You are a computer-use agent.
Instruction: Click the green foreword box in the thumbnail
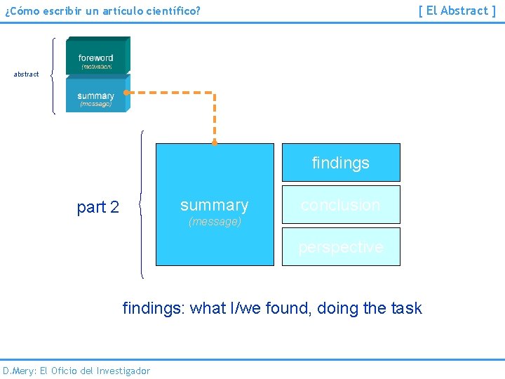pyautogui.click(x=97, y=56)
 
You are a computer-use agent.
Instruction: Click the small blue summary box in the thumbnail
pyautogui.click(x=97, y=95)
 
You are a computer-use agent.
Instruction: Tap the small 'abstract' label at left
pyautogui.click(x=27, y=74)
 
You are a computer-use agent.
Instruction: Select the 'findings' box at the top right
pyautogui.click(x=341, y=163)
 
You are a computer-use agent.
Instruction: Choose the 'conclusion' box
pyautogui.click(x=341, y=205)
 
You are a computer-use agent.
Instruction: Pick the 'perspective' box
pyautogui.click(x=341, y=247)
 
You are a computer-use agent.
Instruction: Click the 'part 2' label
pyautogui.click(x=98, y=207)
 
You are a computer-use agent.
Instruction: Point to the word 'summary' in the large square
pyautogui.click(x=214, y=205)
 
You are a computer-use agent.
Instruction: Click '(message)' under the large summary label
pyautogui.click(x=215, y=222)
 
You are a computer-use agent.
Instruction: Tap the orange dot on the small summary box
pyautogui.click(x=126, y=92)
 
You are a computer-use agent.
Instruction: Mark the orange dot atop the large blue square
pyautogui.click(x=215, y=142)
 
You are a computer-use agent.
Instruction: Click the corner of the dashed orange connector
pyautogui.click(x=215, y=92)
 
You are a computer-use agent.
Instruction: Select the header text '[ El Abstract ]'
pyautogui.click(x=457, y=11)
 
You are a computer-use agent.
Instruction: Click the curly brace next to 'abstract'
pyautogui.click(x=54, y=75)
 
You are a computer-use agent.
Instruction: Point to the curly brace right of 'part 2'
pyautogui.click(x=142, y=205)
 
